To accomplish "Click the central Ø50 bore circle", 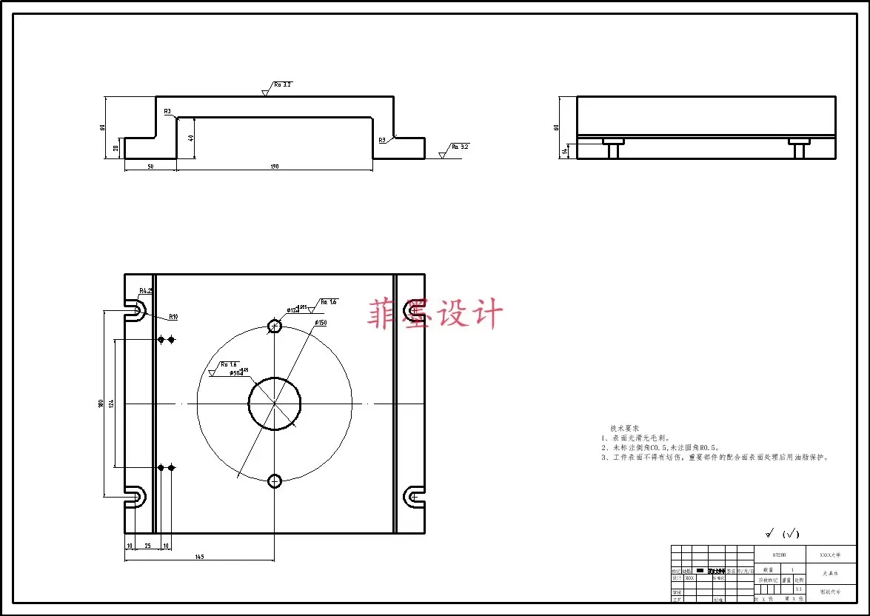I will [275, 404].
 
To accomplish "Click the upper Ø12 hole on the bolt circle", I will [275, 326].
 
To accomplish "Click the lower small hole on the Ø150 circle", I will [275, 481].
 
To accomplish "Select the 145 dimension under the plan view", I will [199, 556].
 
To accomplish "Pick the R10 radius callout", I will [173, 317].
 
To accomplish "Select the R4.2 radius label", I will [145, 291].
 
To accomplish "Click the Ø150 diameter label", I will [321, 323].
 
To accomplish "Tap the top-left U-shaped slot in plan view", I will [135, 310].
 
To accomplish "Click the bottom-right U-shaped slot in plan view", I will [414, 496].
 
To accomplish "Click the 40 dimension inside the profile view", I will [191, 138].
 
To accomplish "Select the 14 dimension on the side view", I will [564, 151].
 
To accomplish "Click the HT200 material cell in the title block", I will [778, 554].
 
